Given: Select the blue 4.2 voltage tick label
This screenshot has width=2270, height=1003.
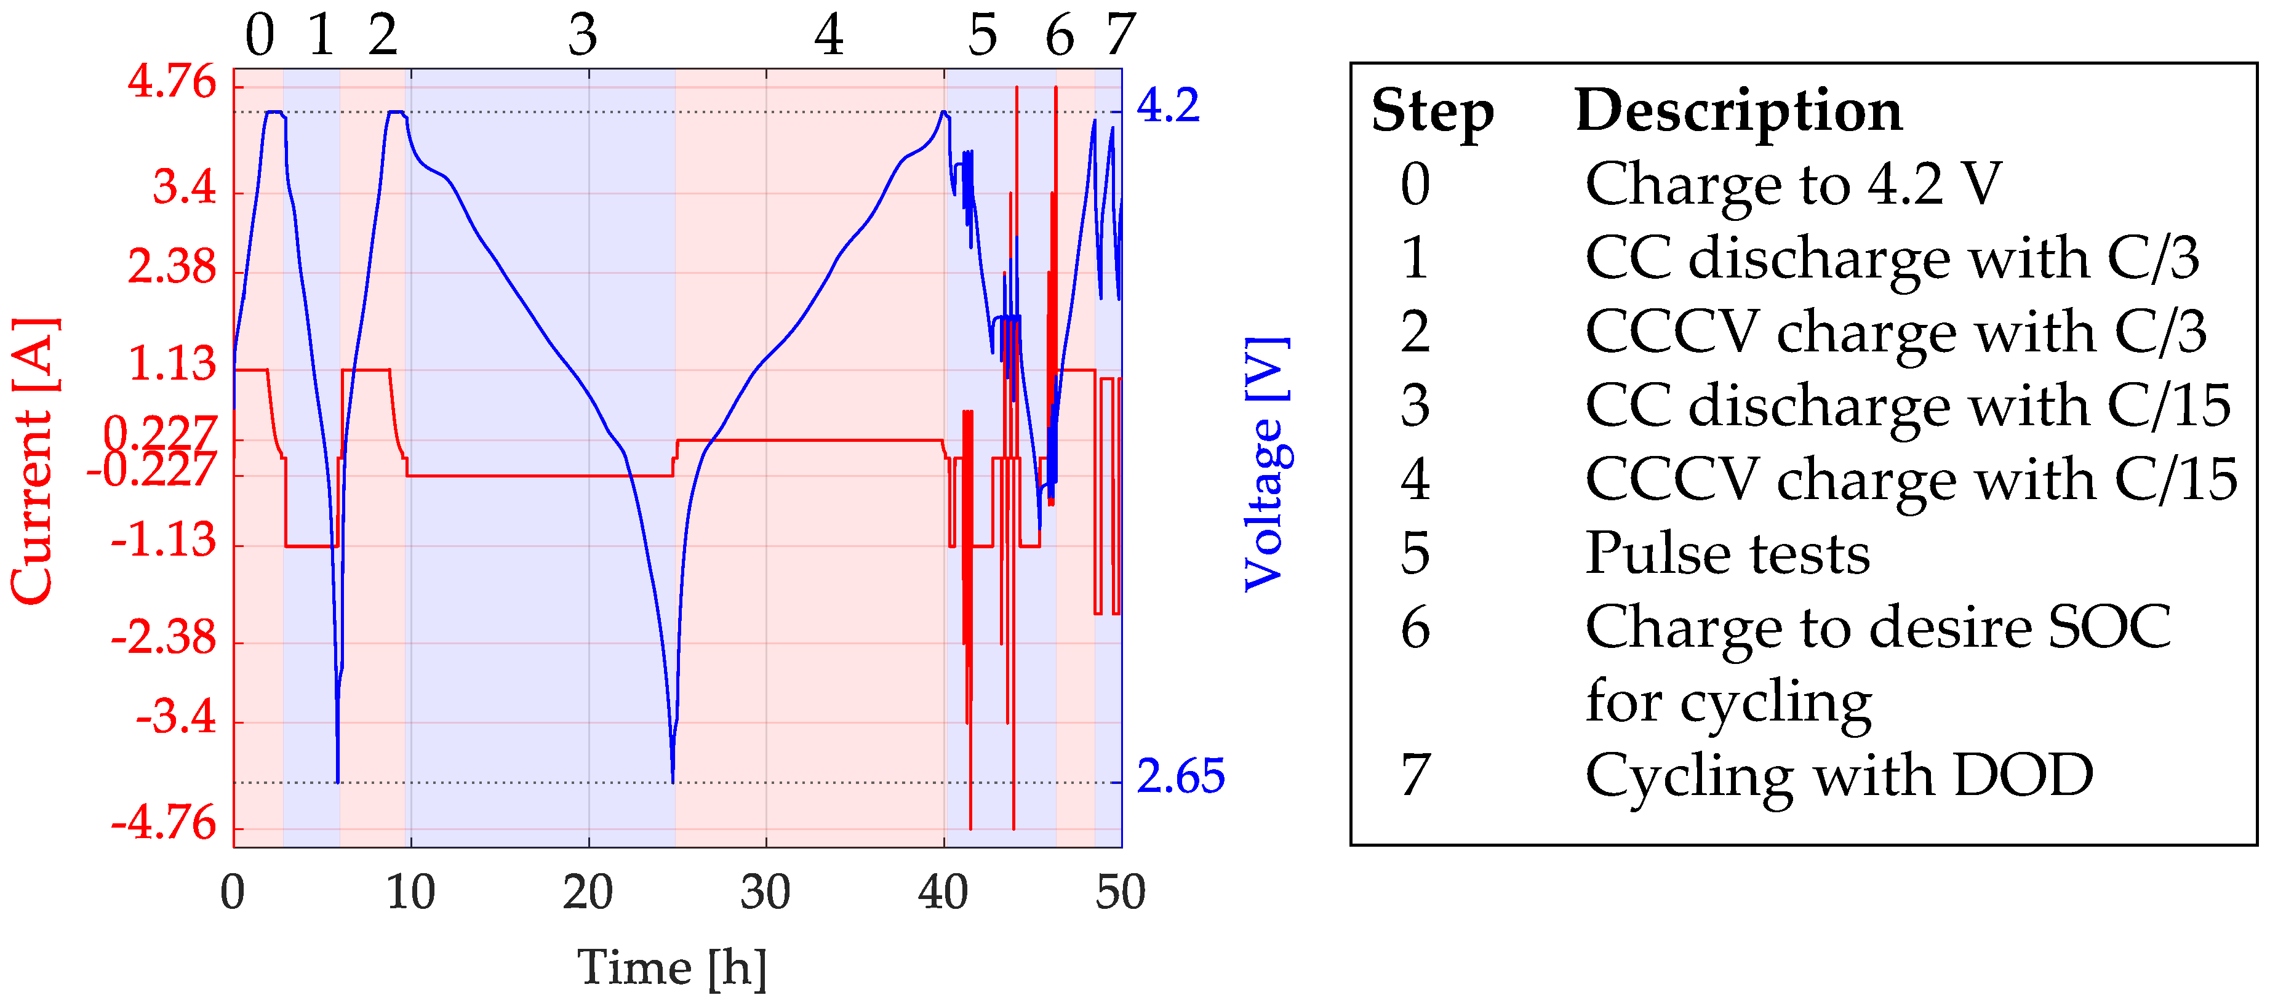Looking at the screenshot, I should [1167, 106].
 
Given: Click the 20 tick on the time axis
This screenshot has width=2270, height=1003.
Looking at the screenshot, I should [588, 893].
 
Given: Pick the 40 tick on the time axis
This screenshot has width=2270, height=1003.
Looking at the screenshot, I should [943, 893].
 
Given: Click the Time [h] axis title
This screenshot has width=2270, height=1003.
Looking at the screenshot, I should [671, 968].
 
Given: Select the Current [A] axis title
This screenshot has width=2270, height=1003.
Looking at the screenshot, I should [33, 461].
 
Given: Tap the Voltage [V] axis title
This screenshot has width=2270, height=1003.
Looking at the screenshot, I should [1266, 465].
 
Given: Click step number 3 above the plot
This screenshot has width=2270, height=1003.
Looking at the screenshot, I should [583, 36].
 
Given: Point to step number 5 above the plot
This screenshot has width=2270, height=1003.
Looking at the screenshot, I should [983, 36].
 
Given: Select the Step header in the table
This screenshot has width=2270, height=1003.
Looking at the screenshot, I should [1432, 113].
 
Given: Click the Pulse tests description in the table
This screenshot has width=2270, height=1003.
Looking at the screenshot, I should [1727, 554].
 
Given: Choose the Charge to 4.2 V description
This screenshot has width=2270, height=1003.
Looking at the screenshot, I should [1793, 184].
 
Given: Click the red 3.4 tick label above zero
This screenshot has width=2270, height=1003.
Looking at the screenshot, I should [184, 188].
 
